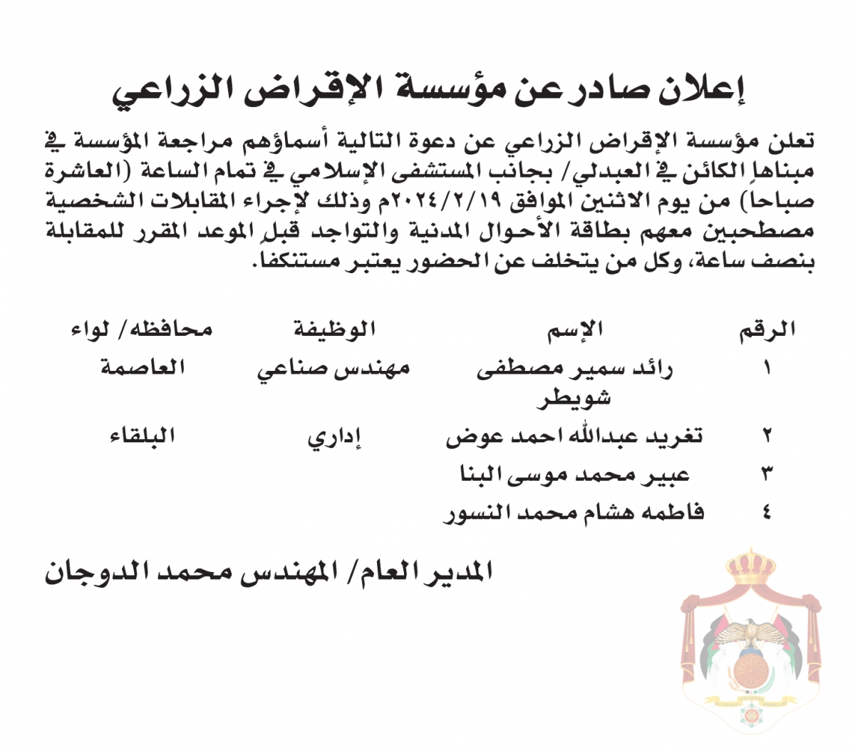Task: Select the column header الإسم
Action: coord(575,329)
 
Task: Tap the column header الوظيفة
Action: coord(334,329)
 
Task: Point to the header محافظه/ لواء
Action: coord(142,329)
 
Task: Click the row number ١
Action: coord(767,369)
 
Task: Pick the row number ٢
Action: coord(767,434)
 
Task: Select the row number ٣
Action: coord(767,473)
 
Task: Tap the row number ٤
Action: coord(767,512)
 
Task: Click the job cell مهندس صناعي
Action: coord(333,369)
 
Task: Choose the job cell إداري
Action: coord(335,437)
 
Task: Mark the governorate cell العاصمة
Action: coord(142,368)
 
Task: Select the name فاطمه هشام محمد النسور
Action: coord(574,512)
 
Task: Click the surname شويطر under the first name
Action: coord(574,398)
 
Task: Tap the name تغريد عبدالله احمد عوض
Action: coord(574,436)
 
